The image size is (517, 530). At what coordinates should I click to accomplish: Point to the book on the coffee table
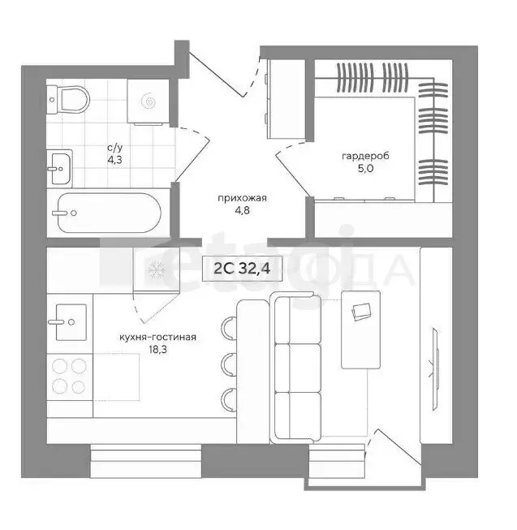pyautogui.click(x=361, y=309)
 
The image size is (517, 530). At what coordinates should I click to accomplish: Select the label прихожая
pyautogui.click(x=242, y=198)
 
